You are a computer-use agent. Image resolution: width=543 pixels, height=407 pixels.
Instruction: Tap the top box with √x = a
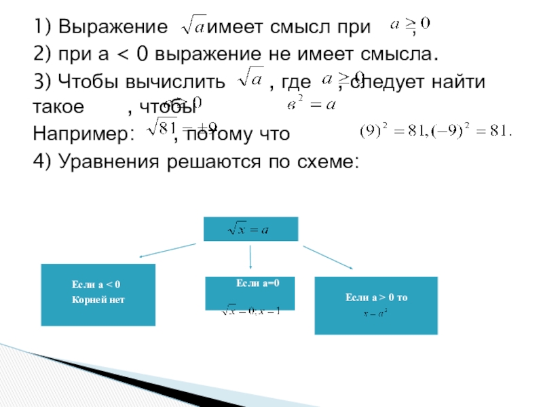tap(250, 229)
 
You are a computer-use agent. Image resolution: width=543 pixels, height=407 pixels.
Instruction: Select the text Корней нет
tap(98, 299)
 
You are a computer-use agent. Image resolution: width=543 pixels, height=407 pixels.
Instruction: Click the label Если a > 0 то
tap(376, 297)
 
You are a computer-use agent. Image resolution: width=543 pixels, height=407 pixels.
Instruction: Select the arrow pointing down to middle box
tap(251, 258)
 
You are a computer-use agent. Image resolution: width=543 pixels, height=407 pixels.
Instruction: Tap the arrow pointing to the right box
tap(329, 257)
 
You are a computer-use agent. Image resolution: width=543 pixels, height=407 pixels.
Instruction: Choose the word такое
tap(59, 107)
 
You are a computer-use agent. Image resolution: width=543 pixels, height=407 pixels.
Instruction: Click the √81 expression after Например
tap(163, 127)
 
